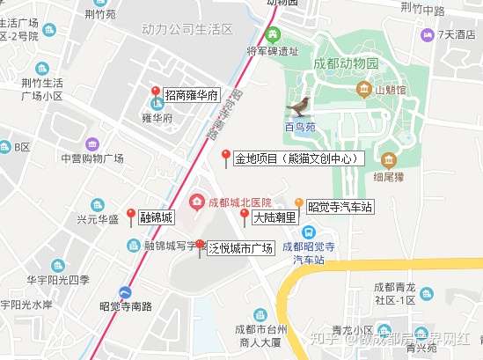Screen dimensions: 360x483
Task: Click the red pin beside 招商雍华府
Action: coord(156,93)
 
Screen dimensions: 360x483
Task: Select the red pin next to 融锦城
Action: coord(131,217)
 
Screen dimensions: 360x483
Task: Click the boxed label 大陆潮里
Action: coord(272,217)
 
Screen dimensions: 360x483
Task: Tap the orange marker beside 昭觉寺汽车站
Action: coord(299,206)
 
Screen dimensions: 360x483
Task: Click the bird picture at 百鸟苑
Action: coord(300,107)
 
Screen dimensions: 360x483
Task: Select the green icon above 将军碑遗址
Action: coord(273,35)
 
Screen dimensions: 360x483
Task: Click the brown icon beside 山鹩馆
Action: coord(366,89)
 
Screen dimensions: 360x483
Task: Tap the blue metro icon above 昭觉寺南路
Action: coord(127,292)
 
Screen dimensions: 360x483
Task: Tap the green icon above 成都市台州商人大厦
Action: coord(258,314)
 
